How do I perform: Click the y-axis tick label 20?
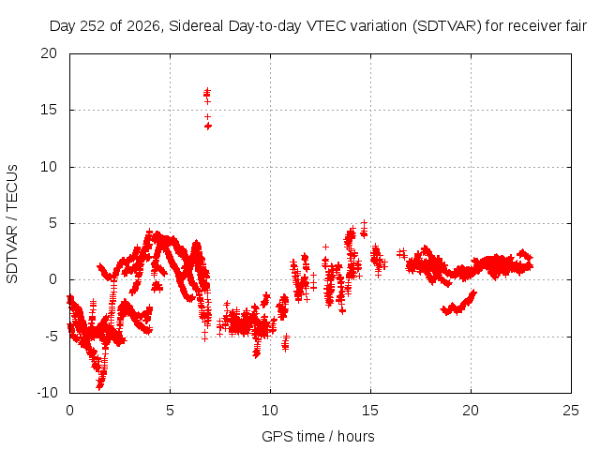[49, 53]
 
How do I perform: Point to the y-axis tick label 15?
[49, 110]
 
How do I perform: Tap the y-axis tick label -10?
[47, 393]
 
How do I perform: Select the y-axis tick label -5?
[52, 337]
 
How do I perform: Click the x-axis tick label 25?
[571, 411]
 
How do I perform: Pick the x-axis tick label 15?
[370, 411]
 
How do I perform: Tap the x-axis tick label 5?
[170, 411]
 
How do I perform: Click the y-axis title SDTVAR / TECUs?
[12, 224]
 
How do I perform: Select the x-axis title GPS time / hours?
[318, 436]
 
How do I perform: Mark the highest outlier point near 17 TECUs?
[207, 90]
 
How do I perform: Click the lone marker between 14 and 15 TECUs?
[207, 116]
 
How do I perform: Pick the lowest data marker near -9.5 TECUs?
[99, 386]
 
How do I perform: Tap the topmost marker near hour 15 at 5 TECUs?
[365, 222]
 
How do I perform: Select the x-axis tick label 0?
[69, 411]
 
